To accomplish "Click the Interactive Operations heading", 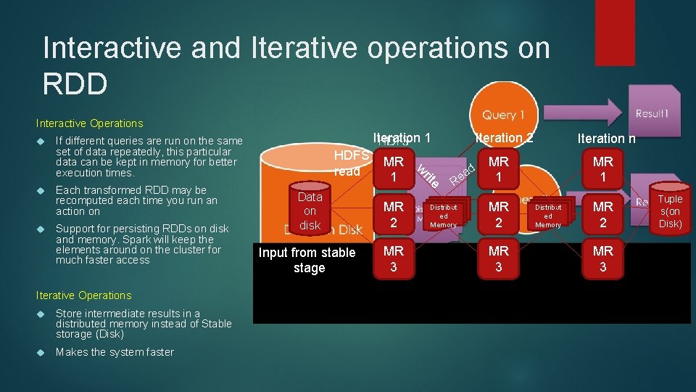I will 90,123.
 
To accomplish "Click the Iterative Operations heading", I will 84,295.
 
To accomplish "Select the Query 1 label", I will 503,115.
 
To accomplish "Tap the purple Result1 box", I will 654,114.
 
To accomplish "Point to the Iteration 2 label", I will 504,138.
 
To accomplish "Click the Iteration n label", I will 606,138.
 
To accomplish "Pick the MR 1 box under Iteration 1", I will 394,170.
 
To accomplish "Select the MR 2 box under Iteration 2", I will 498,213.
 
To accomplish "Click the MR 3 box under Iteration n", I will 602,258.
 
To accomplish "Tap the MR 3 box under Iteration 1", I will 394,258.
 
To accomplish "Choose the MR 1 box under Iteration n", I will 602,170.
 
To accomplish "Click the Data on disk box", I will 310,211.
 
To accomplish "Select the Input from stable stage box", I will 307,260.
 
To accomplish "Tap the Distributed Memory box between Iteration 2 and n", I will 548,215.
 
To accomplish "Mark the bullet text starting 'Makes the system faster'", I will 115,352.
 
